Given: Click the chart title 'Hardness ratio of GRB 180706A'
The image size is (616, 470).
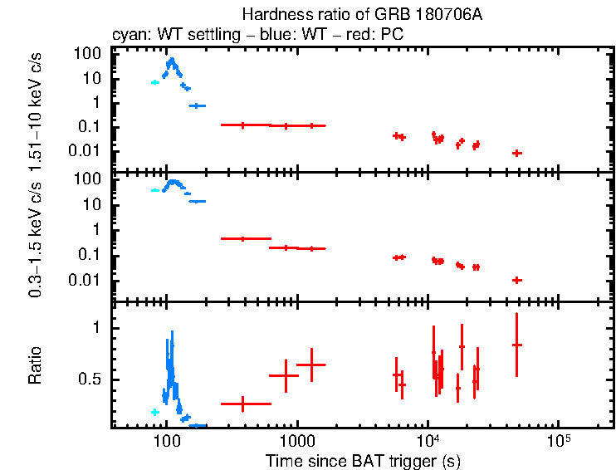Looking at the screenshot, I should (362, 15).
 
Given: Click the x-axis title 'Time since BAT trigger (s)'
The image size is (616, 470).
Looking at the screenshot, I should (362, 460).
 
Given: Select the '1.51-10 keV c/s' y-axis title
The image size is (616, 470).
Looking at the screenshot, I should (35, 108).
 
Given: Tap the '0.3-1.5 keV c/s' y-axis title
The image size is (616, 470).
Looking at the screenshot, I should (35, 237).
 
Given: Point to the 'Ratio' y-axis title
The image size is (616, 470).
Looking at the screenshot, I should (35, 365).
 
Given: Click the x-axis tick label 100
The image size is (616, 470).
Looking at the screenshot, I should (166, 439).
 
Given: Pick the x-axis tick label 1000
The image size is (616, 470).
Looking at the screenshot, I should (296, 439).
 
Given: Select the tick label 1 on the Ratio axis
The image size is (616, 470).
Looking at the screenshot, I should (97, 328).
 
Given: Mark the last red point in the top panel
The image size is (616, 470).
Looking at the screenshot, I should (516, 153).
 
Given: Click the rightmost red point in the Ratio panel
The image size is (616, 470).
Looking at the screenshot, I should (516, 345).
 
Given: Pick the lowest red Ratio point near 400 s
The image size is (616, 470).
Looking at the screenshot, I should (243, 404).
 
